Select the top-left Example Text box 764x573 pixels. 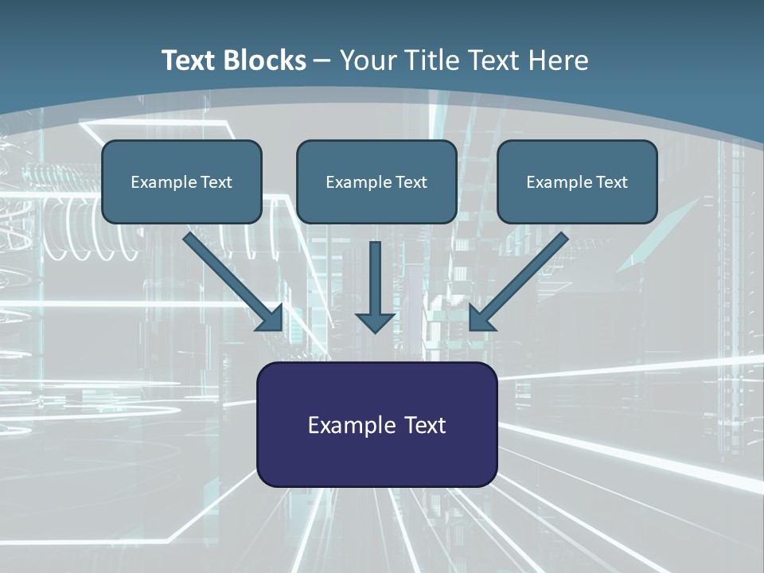[x=181, y=182]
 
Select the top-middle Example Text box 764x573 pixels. [x=376, y=182]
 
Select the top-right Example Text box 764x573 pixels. [x=577, y=182]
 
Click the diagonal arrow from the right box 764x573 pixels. [x=526, y=275]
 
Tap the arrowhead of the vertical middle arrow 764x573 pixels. [x=375, y=322]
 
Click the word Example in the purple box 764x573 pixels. [x=347, y=425]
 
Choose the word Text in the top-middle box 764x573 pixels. [x=411, y=182]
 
